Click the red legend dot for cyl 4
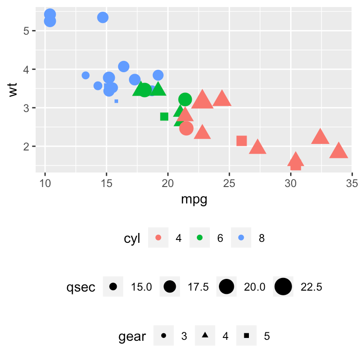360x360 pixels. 158,238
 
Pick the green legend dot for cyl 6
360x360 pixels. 199,238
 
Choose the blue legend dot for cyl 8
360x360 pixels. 241,238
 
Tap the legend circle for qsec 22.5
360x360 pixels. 283,286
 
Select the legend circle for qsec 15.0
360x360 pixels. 113,286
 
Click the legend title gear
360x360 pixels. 132,336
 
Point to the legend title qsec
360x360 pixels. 81,287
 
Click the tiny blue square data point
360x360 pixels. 116,101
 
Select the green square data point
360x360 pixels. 164,116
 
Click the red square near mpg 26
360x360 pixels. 241,141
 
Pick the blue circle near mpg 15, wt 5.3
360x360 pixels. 103,17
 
